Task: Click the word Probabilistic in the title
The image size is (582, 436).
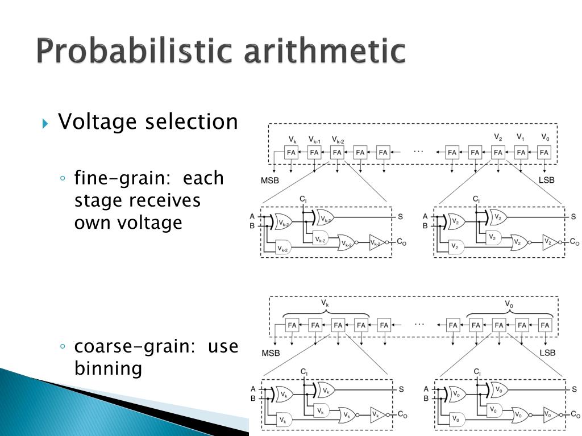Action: tap(134, 52)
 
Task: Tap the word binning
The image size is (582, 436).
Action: tap(108, 369)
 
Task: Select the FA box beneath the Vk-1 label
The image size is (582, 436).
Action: tap(314, 152)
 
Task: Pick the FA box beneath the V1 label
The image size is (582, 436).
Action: tap(521, 152)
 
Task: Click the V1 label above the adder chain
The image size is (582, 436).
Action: tap(521, 137)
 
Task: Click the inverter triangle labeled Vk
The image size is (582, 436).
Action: tap(377, 415)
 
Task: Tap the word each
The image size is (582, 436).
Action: tap(204, 179)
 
